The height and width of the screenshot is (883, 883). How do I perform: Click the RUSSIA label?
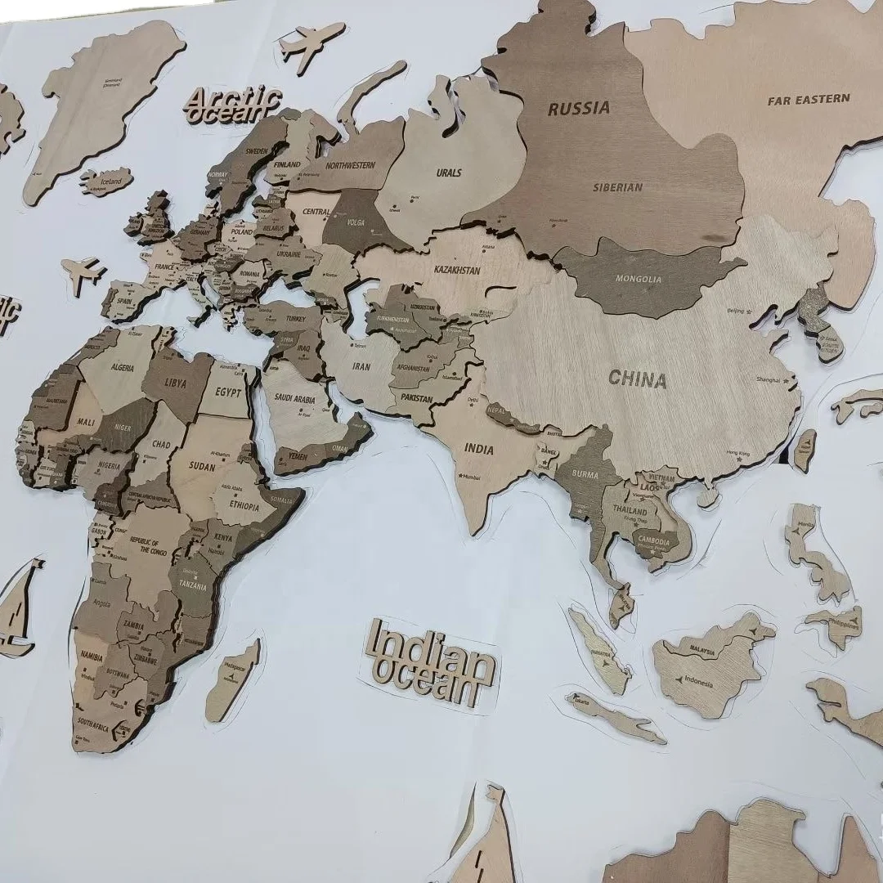(x=578, y=108)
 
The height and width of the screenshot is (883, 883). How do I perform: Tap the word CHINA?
(x=637, y=379)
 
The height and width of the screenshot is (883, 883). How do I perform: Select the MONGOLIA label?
(x=639, y=279)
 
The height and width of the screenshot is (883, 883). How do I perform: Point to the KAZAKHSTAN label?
(x=456, y=269)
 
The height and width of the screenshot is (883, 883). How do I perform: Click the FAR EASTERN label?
(x=808, y=100)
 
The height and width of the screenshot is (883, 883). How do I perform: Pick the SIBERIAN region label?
(x=617, y=187)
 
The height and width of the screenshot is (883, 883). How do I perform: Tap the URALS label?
(x=448, y=173)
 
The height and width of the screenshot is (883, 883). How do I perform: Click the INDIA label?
(x=479, y=449)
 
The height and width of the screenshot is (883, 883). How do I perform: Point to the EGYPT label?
(x=229, y=392)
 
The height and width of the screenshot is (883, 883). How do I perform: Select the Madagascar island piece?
(x=231, y=682)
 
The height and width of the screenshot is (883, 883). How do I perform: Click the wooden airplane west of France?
(x=83, y=273)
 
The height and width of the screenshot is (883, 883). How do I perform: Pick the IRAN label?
(x=361, y=367)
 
